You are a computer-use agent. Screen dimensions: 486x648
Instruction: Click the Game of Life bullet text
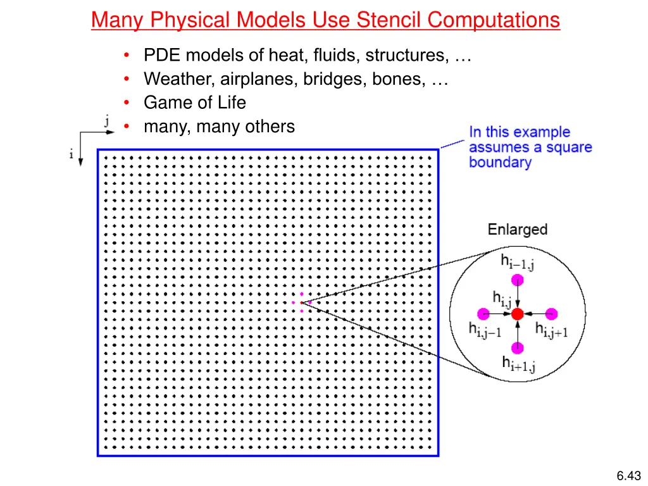pos(195,103)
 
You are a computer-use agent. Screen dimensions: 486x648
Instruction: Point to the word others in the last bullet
pos(270,127)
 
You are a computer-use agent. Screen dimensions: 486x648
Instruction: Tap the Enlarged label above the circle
pos(518,230)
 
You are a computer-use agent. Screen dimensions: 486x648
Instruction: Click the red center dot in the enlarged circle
pos(518,313)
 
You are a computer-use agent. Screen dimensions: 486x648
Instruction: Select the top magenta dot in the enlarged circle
pos(518,280)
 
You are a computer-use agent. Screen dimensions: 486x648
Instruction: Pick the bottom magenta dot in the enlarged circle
pos(518,347)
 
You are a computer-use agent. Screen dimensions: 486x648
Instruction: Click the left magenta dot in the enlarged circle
pos(484,313)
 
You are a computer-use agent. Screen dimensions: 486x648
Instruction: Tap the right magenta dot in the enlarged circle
pos(551,313)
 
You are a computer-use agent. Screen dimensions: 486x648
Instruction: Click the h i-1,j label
pos(518,261)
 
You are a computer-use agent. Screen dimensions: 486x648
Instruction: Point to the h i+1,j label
pos(519,364)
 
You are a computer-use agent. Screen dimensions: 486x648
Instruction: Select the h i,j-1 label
pos(485,330)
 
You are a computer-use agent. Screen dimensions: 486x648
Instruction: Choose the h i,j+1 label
pos(552,330)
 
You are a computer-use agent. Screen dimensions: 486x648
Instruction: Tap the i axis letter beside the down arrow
pos(72,154)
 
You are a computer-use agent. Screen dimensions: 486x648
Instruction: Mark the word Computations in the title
pos(494,20)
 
